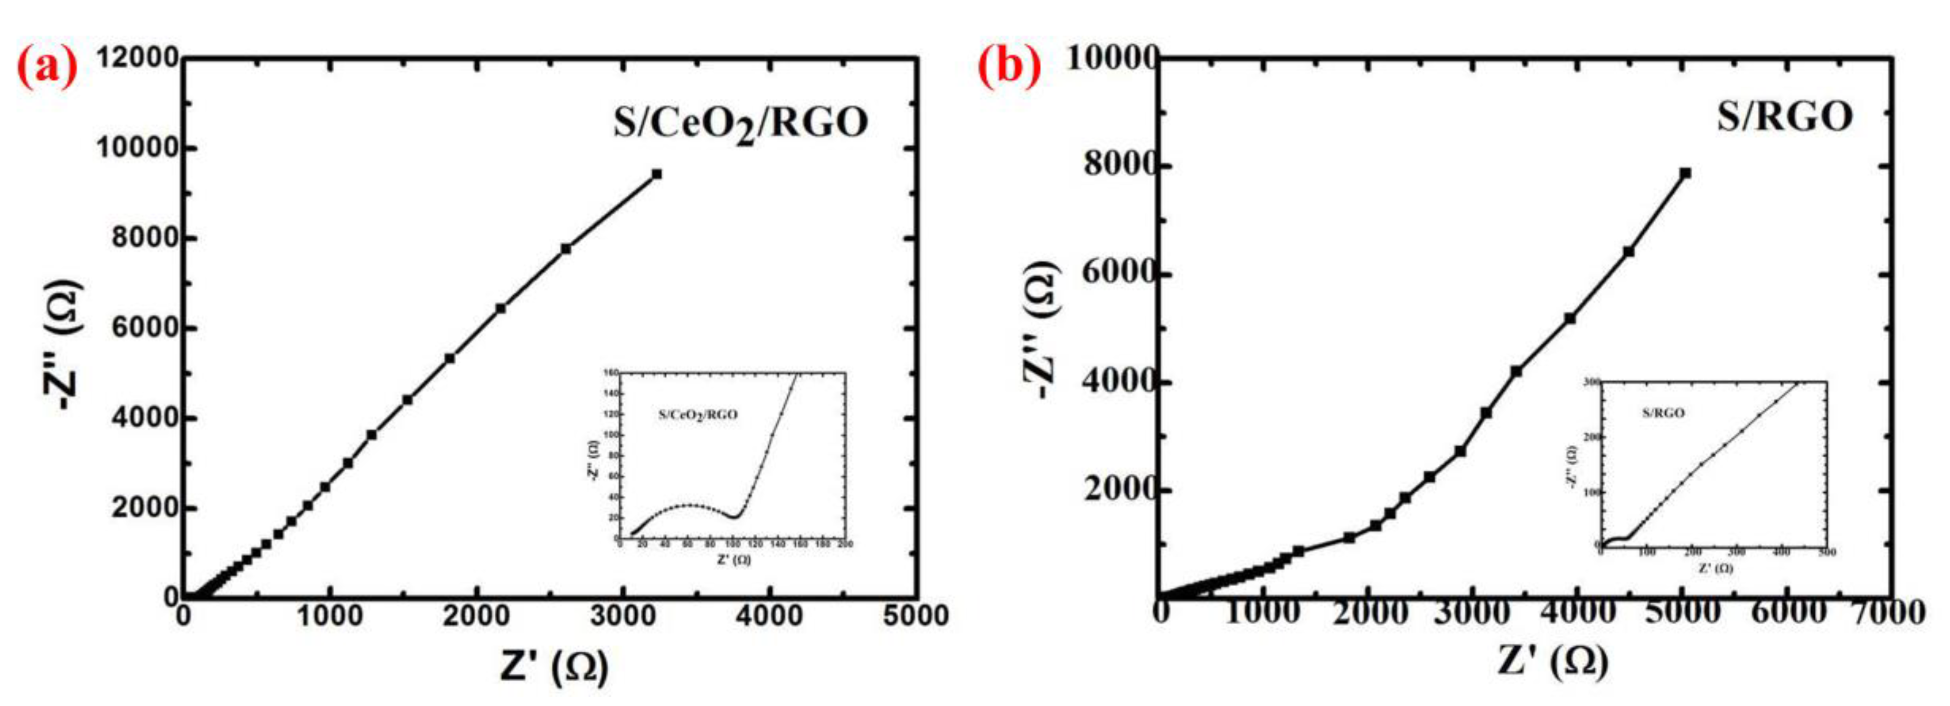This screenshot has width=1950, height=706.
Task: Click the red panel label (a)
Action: click(x=47, y=68)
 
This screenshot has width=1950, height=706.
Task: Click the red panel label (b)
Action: click(x=1009, y=68)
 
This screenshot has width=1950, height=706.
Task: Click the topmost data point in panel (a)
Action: click(x=656, y=174)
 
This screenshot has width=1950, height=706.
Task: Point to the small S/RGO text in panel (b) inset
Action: click(x=1663, y=413)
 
